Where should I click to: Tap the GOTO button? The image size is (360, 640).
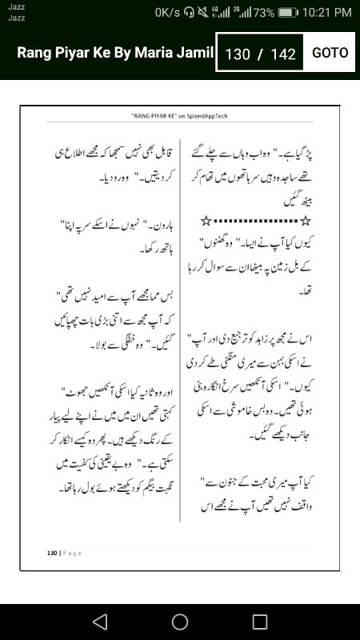[x=330, y=53]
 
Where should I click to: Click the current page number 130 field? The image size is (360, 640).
[x=238, y=54]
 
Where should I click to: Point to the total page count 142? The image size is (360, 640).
[x=283, y=54]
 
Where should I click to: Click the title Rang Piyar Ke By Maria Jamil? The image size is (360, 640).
[x=115, y=54]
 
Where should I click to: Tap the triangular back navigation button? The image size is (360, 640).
[x=99, y=621]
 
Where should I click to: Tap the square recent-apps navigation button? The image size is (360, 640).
[x=260, y=621]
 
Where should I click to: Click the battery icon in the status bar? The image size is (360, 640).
[x=289, y=12]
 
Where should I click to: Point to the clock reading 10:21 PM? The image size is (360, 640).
[x=326, y=12]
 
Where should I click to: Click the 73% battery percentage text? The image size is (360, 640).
[x=264, y=12]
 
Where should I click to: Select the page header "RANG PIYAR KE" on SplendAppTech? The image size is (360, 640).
[x=179, y=116]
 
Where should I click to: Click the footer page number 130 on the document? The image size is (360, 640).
[x=52, y=553]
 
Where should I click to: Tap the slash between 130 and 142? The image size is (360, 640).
[x=259, y=54]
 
